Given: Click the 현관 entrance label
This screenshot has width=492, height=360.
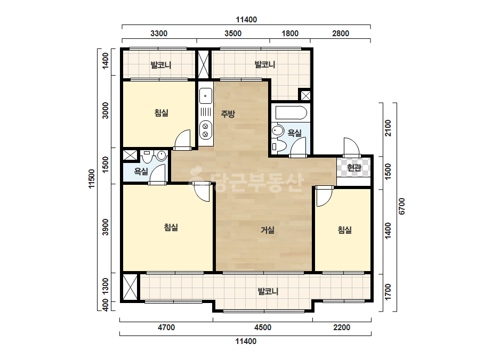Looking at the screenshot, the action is pos(354,168).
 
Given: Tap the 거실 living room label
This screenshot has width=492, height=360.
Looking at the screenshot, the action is pos(268,230).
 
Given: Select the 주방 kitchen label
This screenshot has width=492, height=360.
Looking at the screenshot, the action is pos(228,113).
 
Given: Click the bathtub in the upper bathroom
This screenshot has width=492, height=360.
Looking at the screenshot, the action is pos(291,113).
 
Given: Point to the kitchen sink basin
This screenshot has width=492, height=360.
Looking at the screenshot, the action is pos(206,96).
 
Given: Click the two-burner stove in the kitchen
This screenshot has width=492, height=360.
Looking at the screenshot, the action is pos(206,130).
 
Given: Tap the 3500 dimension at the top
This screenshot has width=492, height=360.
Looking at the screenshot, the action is pos(233,34).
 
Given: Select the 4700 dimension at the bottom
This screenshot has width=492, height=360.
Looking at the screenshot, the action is pos(166,328).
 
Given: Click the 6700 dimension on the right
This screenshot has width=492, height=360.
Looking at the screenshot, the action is pos(402,206).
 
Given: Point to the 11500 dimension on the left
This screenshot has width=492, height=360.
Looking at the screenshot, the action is pos(91,179).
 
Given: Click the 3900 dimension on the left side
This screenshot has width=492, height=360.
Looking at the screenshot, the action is pos(106,227).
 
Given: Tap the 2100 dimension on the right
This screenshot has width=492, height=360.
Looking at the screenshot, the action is pos(388,128).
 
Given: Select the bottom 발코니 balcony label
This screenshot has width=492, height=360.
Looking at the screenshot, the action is pos(268,292).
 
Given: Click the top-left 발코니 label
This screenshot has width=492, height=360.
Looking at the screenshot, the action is pos(160,65).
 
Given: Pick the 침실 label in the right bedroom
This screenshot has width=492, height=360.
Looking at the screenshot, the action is pos(344,230).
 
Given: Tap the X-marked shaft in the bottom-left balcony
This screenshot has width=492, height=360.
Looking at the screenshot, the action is pos(130,287).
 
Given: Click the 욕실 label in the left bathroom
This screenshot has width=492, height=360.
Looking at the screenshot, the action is pos(141,171).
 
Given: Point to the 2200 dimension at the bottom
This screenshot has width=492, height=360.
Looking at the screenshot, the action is pos(342,328).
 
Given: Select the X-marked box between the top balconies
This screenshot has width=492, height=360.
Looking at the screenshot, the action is pos(203,64).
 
